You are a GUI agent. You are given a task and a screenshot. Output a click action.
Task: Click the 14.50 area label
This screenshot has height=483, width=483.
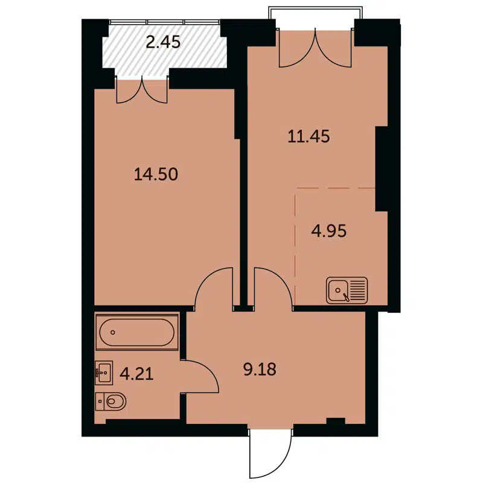tap(156, 174)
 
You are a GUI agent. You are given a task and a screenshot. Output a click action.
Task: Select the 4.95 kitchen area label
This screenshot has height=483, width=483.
tap(328, 231)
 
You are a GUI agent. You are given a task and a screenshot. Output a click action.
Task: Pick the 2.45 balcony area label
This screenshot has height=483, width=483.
tap(164, 42)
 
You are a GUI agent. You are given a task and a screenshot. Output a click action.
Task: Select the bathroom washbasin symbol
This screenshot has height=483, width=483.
tap(104, 373)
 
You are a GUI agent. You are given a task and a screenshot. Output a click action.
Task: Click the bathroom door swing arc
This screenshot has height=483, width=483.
tap(203, 376)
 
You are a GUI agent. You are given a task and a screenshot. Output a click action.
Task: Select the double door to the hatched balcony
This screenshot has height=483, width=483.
tap(142, 90)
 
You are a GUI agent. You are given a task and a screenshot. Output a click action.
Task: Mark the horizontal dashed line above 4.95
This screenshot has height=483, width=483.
tap(335, 189)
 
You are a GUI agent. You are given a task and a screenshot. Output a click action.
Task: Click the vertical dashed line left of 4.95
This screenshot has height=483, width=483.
tap(295, 248)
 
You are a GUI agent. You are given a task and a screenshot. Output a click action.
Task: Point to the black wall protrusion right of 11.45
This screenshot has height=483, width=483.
tap(382, 169)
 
